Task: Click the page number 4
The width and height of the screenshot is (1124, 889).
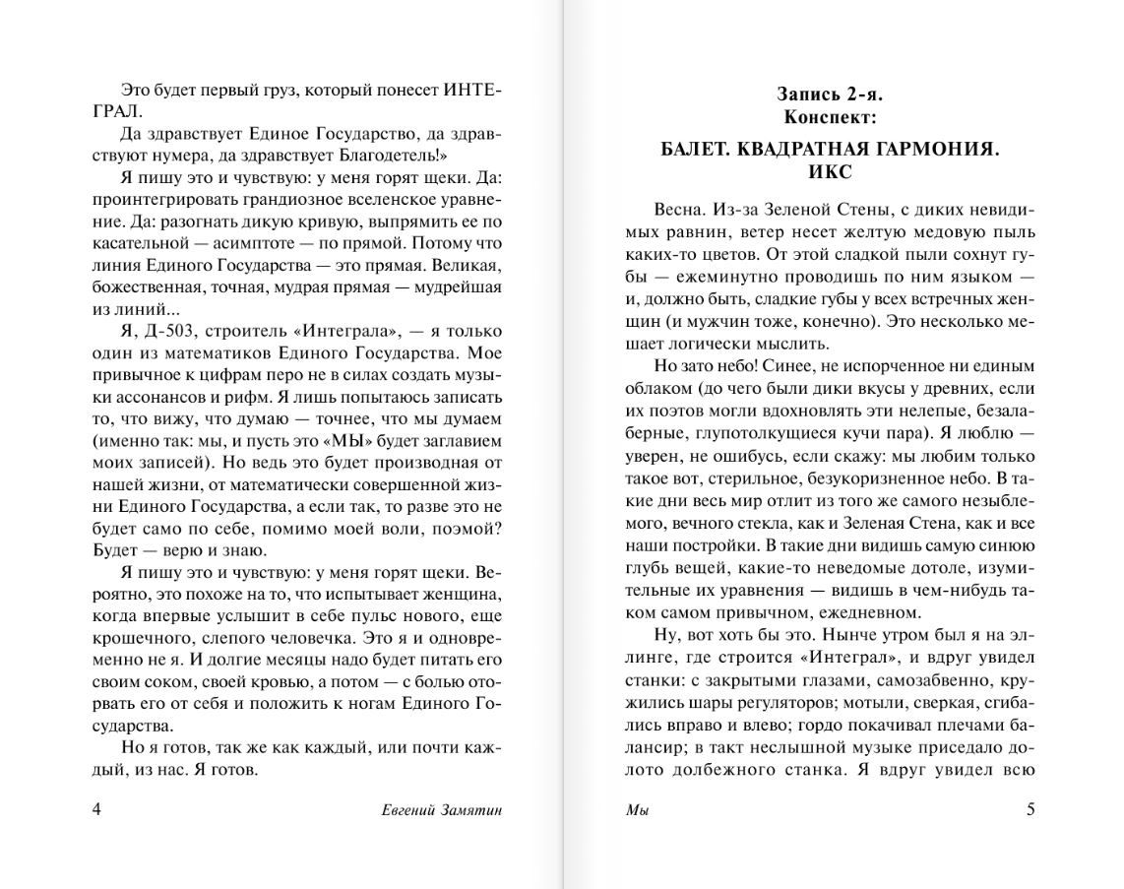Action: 95,809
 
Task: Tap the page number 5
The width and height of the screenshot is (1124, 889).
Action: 1030,809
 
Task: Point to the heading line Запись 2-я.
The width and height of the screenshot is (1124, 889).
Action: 830,95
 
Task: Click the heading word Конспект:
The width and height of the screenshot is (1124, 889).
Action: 830,116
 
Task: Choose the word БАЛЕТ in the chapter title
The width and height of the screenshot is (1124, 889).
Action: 698,150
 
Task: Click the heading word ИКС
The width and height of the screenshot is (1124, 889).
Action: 829,171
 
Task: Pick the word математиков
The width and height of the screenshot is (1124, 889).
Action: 237,352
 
